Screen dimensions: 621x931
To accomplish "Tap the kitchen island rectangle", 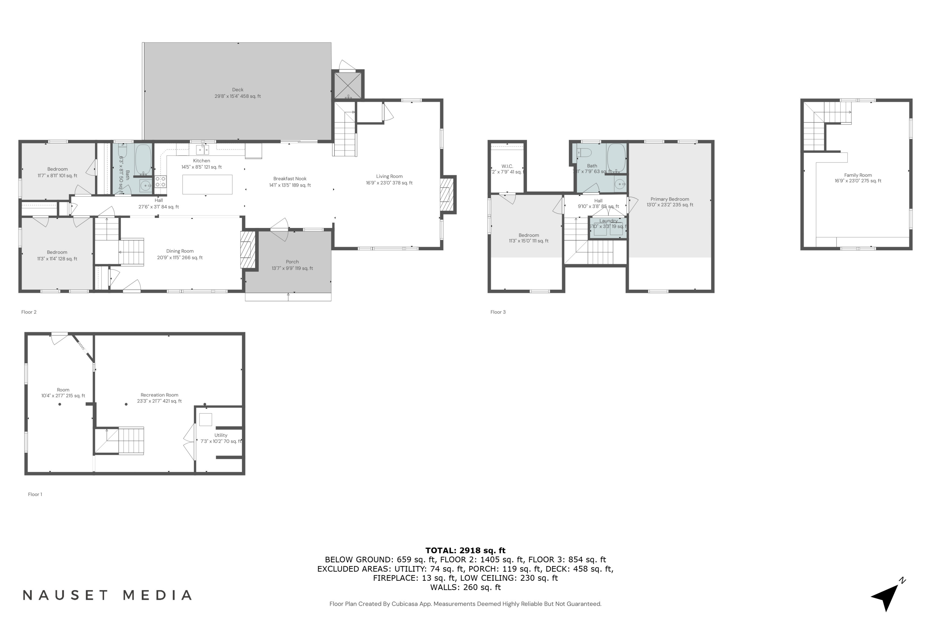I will click(207, 184).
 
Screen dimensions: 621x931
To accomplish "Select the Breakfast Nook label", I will click(290, 182).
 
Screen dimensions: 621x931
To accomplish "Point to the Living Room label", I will click(389, 179).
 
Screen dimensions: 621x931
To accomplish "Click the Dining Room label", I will click(180, 254).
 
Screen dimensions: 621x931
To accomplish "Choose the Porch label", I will click(292, 265).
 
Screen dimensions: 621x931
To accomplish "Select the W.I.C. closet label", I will click(507, 169).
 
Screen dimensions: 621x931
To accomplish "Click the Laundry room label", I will click(608, 223).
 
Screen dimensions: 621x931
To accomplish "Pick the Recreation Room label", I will click(159, 398).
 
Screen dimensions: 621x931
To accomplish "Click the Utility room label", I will click(221, 438).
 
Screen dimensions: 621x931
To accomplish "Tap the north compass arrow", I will click(887, 596).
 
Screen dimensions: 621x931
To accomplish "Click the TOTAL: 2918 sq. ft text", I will click(465, 550).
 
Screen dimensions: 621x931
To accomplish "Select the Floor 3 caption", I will click(498, 312).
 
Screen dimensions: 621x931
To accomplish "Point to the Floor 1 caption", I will click(35, 494).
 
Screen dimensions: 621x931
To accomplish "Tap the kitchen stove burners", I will click(160, 182).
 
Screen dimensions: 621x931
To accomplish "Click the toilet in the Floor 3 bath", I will click(584, 152).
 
